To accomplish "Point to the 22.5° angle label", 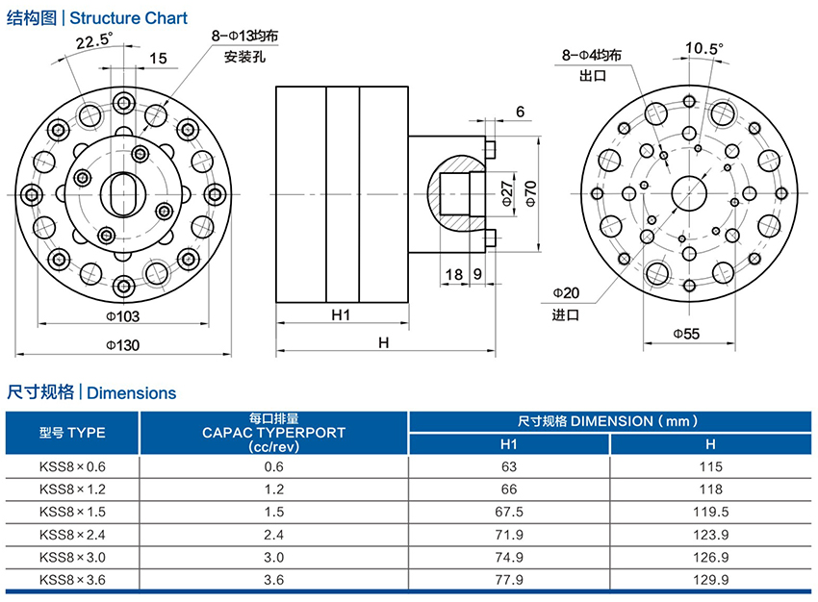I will pyautogui.click(x=93, y=40).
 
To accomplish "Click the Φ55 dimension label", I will pyautogui.click(x=685, y=333).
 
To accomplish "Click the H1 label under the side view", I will pyautogui.click(x=341, y=315).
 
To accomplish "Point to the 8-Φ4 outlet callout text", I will pyautogui.click(x=591, y=56).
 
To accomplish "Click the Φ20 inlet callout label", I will pyautogui.click(x=566, y=292).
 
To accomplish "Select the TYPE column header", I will pyautogui.click(x=73, y=433).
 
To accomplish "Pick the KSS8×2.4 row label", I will pyautogui.click(x=72, y=533).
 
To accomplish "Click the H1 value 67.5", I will pyautogui.click(x=509, y=511).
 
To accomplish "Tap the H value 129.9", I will pyautogui.click(x=710, y=579).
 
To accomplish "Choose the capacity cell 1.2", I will pyautogui.click(x=274, y=489).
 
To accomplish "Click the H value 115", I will pyautogui.click(x=710, y=466).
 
